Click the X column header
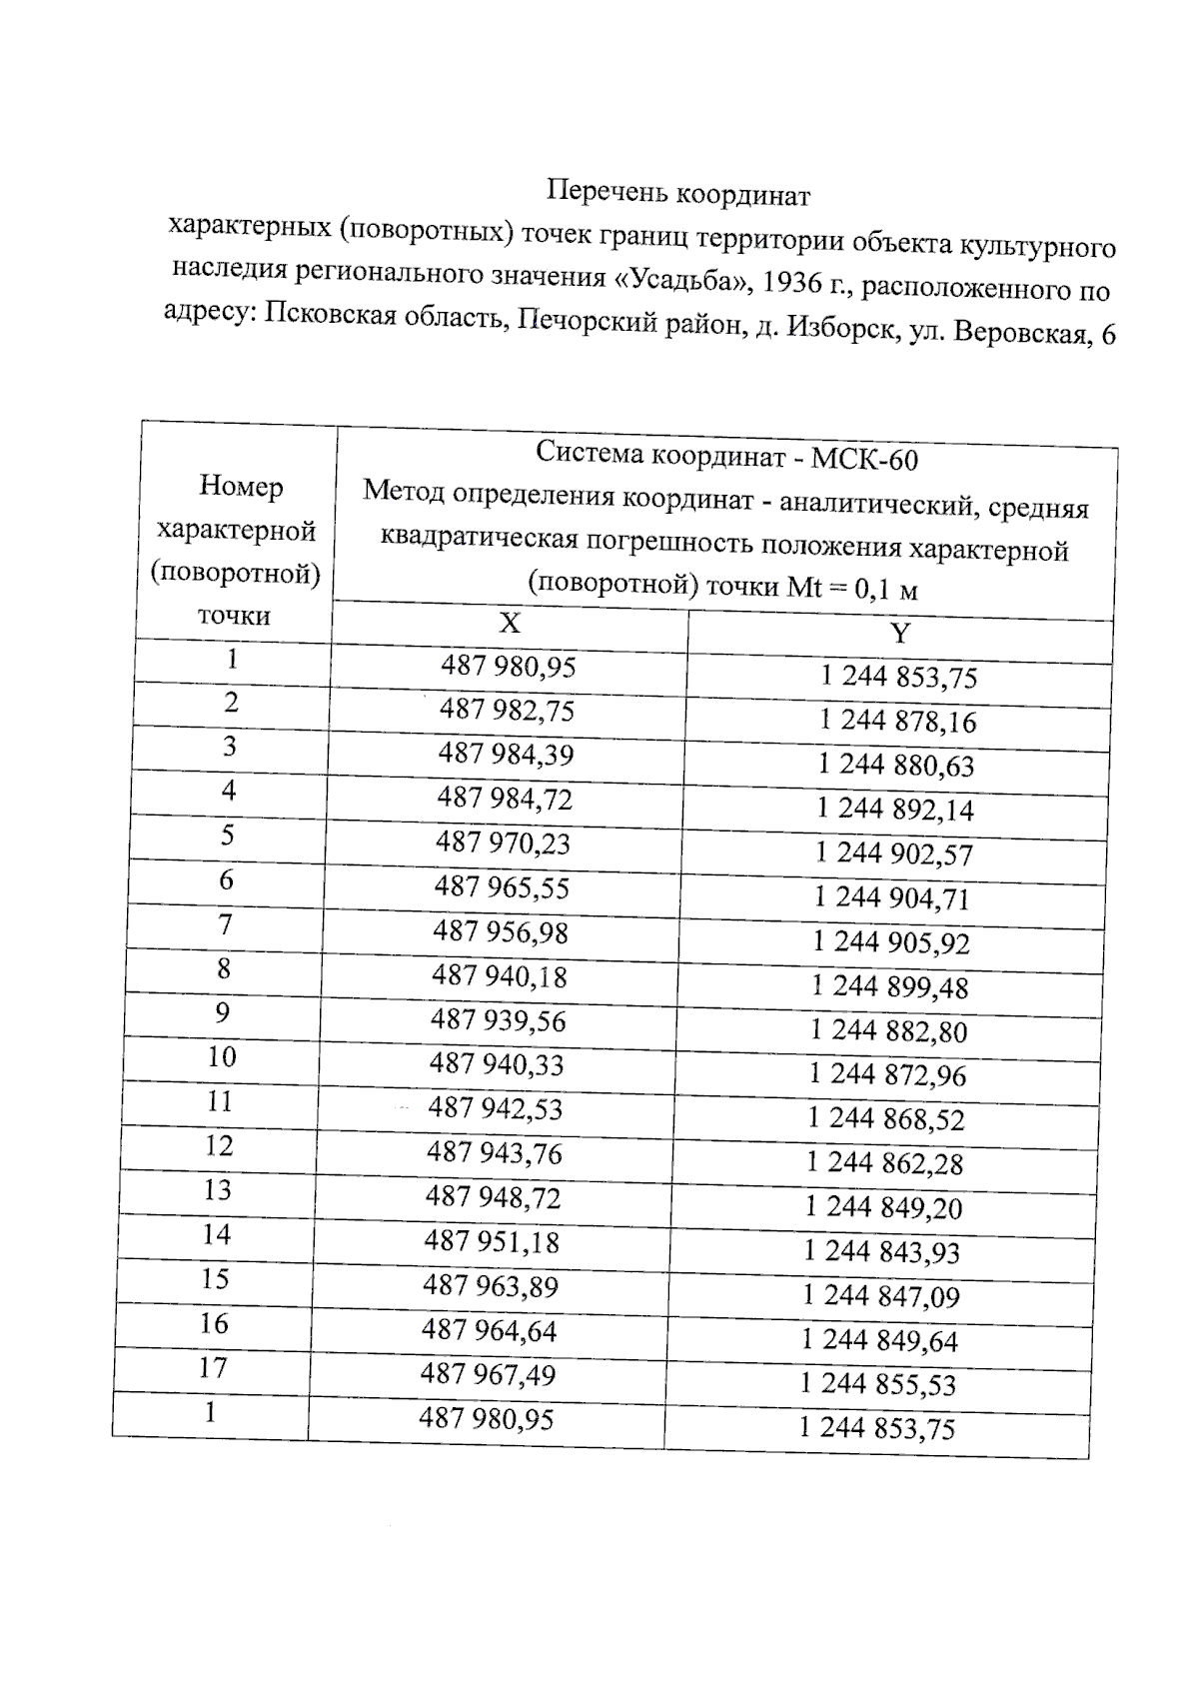[x=510, y=624]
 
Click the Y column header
[x=900, y=634]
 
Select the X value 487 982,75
[x=507, y=710]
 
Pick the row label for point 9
[x=223, y=1013]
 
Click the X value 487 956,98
[x=500, y=931]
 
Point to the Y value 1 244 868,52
[x=886, y=1118]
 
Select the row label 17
[x=213, y=1367]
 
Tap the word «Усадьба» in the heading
[x=679, y=278]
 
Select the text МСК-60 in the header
[x=864, y=459]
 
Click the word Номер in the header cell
[x=241, y=487]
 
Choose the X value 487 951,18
[x=492, y=1242]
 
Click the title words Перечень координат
[x=678, y=193]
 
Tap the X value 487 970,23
[x=503, y=843]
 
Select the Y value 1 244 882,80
[x=888, y=1030]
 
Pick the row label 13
[x=217, y=1190]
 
